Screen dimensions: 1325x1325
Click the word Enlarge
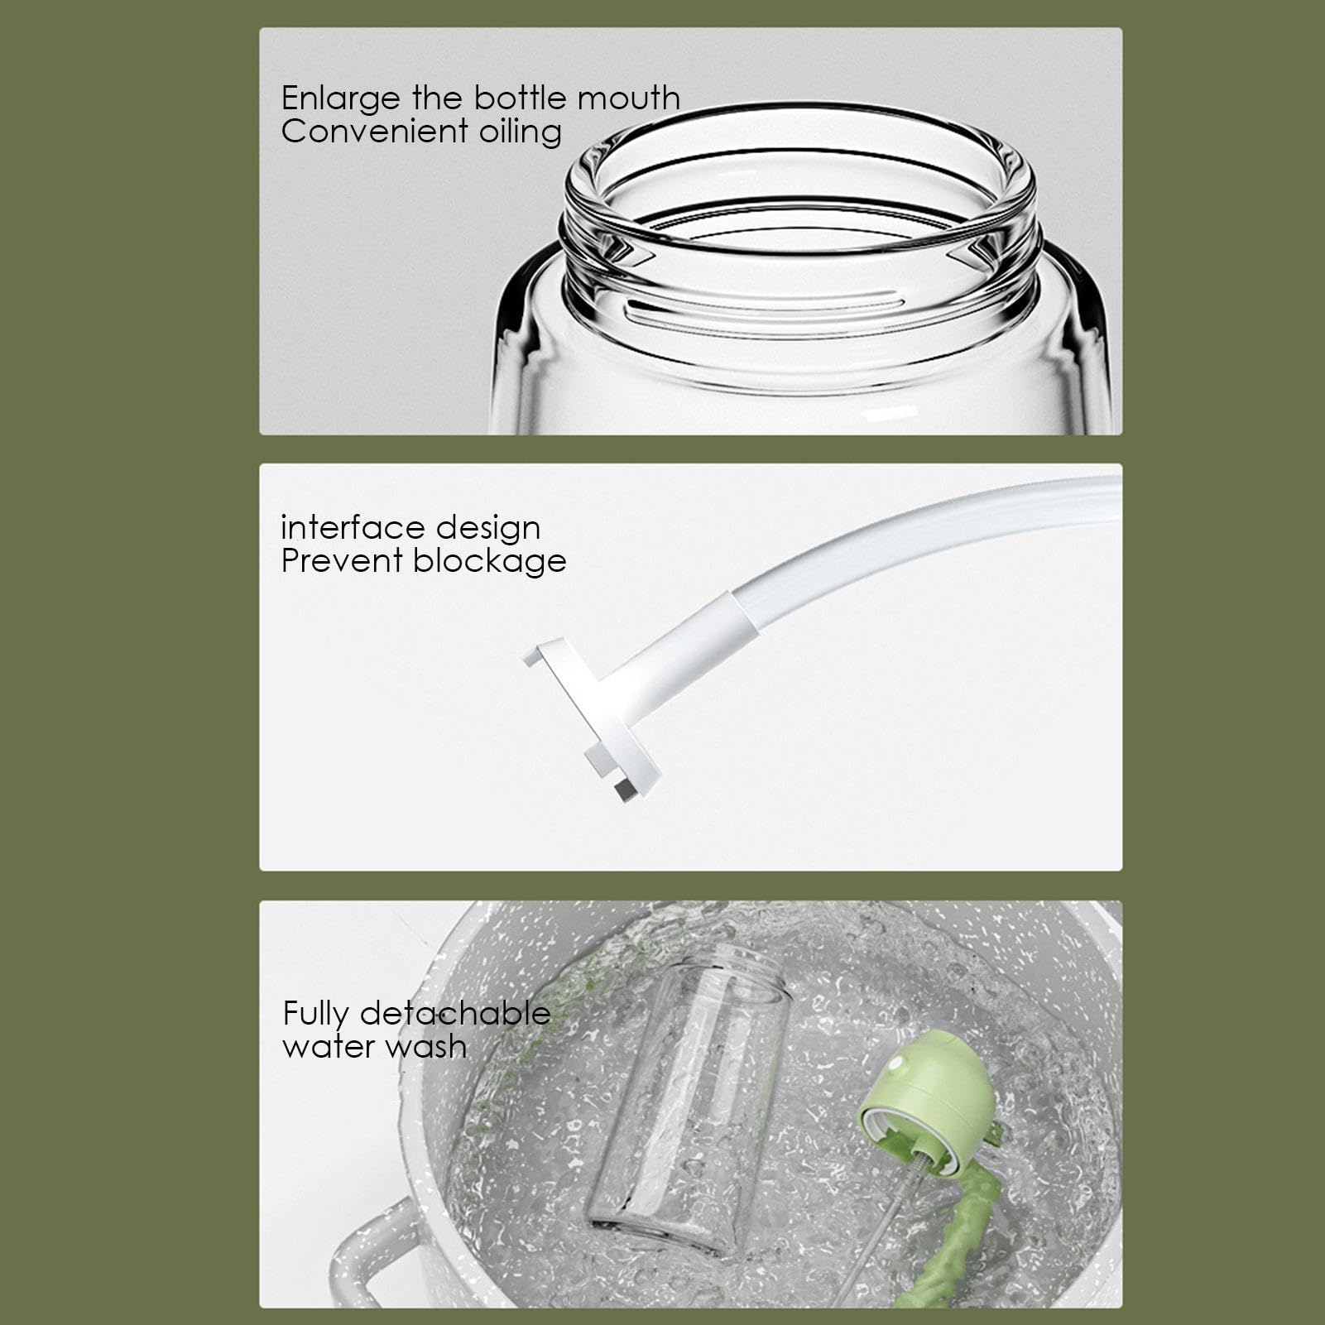coord(340,99)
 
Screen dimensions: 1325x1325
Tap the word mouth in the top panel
coord(628,98)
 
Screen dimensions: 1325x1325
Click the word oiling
coord(520,132)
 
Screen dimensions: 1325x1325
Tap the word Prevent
coord(341,561)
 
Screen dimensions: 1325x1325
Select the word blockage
coord(489,562)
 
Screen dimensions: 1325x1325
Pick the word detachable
coord(454,1013)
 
